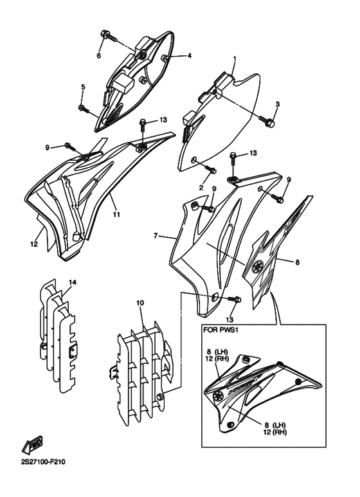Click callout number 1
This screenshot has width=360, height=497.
235,59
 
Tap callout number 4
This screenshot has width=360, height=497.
190,56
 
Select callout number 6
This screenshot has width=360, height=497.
98,56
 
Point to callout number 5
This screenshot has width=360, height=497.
84,87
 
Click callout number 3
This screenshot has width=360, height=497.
278,104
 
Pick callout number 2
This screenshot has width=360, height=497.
201,188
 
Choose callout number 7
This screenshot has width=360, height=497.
156,235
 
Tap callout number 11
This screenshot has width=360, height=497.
116,215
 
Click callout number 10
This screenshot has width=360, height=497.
140,303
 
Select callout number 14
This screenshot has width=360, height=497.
73,282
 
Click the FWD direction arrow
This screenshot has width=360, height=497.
32,446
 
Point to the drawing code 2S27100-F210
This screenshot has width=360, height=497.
43,462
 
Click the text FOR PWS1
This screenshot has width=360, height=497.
221,330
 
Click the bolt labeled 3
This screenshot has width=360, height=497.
266,122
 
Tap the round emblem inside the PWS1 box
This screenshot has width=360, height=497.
219,395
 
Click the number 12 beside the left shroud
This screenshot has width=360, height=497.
34,244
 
